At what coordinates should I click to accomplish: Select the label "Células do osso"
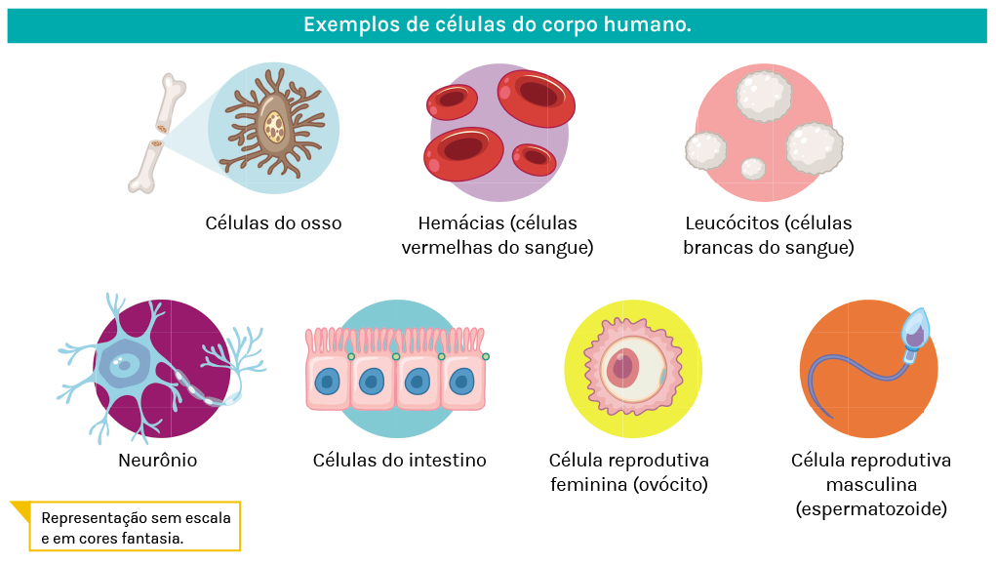pyautogui.click(x=273, y=223)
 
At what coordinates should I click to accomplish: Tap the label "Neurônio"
pyautogui.click(x=157, y=460)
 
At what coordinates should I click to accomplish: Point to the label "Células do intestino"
pyautogui.click(x=399, y=460)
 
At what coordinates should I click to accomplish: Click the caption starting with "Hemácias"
pyautogui.click(x=498, y=235)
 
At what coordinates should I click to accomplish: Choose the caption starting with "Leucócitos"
pyautogui.click(x=769, y=235)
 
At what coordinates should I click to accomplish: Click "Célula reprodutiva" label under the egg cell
pyautogui.click(x=628, y=460)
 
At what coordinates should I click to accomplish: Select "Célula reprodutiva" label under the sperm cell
pyautogui.click(x=870, y=460)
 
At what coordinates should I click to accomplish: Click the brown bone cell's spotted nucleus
pyautogui.click(x=275, y=126)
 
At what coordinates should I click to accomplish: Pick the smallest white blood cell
pyautogui.click(x=753, y=169)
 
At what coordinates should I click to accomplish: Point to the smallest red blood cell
pyautogui.click(x=534, y=157)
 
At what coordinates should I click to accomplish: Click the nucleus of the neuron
pyautogui.click(x=123, y=367)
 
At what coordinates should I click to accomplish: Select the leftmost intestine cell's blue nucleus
pyautogui.click(x=329, y=379)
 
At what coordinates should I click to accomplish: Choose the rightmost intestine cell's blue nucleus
pyautogui.click(x=463, y=379)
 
